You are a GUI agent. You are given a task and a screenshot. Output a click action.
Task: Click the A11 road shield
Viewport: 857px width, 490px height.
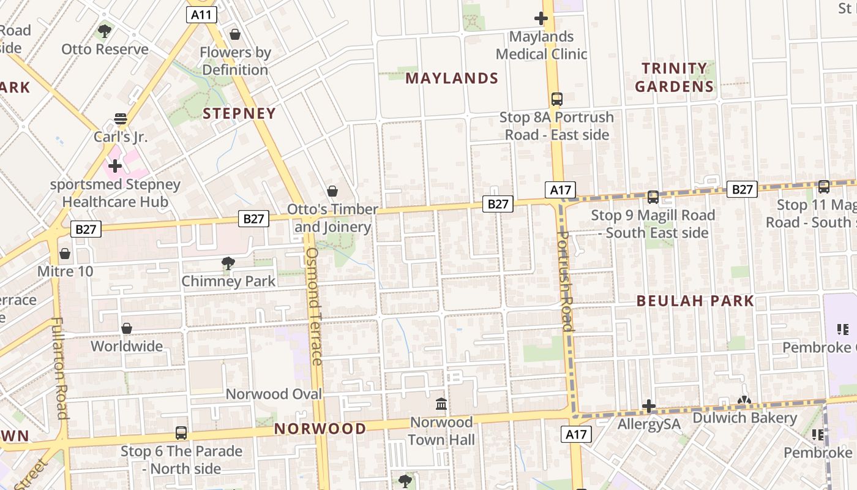201,15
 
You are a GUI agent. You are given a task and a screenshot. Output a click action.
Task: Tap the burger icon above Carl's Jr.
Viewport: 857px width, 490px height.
121,119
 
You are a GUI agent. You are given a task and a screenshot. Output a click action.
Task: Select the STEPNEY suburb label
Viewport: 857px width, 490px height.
239,113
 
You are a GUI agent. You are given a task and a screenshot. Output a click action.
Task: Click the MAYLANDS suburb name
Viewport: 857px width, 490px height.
452,78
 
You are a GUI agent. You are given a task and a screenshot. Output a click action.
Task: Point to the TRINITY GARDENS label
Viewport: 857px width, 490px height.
675,77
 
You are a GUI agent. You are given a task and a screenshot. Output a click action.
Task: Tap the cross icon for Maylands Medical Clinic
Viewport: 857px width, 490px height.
541,18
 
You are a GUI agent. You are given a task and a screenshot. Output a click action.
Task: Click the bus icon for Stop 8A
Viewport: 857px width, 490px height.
557,99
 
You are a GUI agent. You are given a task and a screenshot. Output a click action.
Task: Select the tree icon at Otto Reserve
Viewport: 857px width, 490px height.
105,31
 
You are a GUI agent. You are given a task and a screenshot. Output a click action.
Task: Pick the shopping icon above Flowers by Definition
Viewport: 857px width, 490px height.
234,34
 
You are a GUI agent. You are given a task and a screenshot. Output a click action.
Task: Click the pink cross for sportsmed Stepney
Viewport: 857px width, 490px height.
115,165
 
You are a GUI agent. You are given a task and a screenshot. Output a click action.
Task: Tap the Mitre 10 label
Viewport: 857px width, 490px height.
65,270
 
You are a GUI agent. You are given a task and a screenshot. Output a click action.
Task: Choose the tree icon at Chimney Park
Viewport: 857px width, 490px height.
228,263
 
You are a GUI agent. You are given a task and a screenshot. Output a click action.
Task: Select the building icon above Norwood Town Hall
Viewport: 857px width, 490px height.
441,404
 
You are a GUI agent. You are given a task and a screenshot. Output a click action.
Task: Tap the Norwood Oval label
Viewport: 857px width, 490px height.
274,394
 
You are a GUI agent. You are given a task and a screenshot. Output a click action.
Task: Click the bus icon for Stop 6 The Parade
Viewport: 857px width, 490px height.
181,433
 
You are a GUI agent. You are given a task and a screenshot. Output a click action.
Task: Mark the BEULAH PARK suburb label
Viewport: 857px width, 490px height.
695,301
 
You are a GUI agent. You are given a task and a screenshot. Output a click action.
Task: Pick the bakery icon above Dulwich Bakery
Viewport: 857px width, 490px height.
744,401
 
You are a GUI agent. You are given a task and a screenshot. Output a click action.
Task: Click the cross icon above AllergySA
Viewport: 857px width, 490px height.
649,406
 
